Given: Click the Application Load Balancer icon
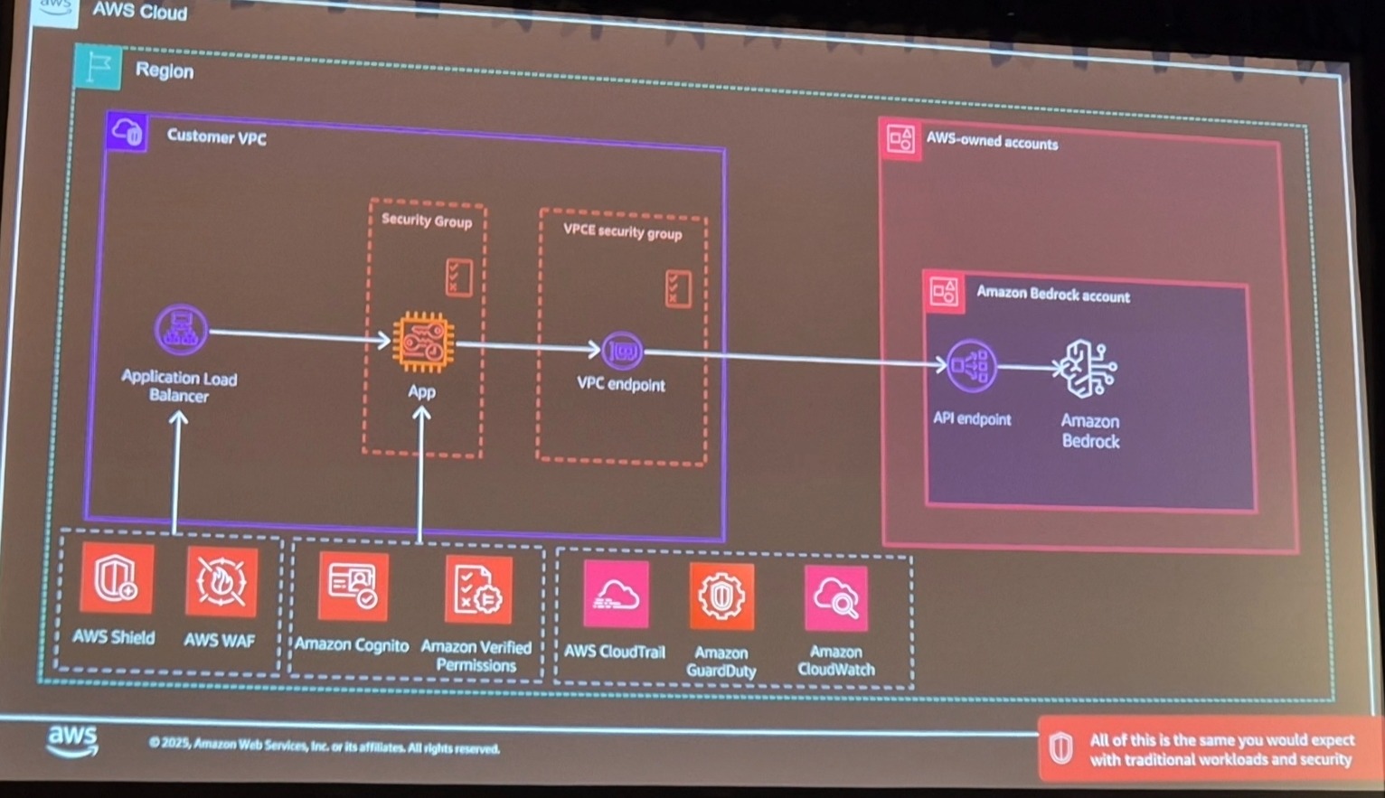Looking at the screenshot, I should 181,331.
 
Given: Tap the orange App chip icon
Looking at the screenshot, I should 422,343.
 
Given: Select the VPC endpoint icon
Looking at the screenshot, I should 622,351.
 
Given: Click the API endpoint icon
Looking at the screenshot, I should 971,366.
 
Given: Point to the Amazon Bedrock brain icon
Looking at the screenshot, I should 1089,369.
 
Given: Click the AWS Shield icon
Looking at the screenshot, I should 116,579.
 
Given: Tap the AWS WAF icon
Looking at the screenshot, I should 221,582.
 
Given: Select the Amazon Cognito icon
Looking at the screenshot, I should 353,587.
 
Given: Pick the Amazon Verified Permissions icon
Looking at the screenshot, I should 478,589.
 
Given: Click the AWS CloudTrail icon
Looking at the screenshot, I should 616,595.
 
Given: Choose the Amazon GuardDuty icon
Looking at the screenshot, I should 721,596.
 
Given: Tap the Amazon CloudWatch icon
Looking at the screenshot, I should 836,598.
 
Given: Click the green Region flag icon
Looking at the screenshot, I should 98,67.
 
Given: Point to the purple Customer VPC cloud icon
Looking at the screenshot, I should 127,132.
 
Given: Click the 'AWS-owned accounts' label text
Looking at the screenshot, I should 992,142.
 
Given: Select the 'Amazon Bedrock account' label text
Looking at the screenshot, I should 1052,295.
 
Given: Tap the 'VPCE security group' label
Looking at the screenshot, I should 622,231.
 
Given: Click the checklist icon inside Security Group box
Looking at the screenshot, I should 458,277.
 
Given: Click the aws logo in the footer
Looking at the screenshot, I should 72,740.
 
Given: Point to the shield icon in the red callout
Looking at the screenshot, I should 1060,748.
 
